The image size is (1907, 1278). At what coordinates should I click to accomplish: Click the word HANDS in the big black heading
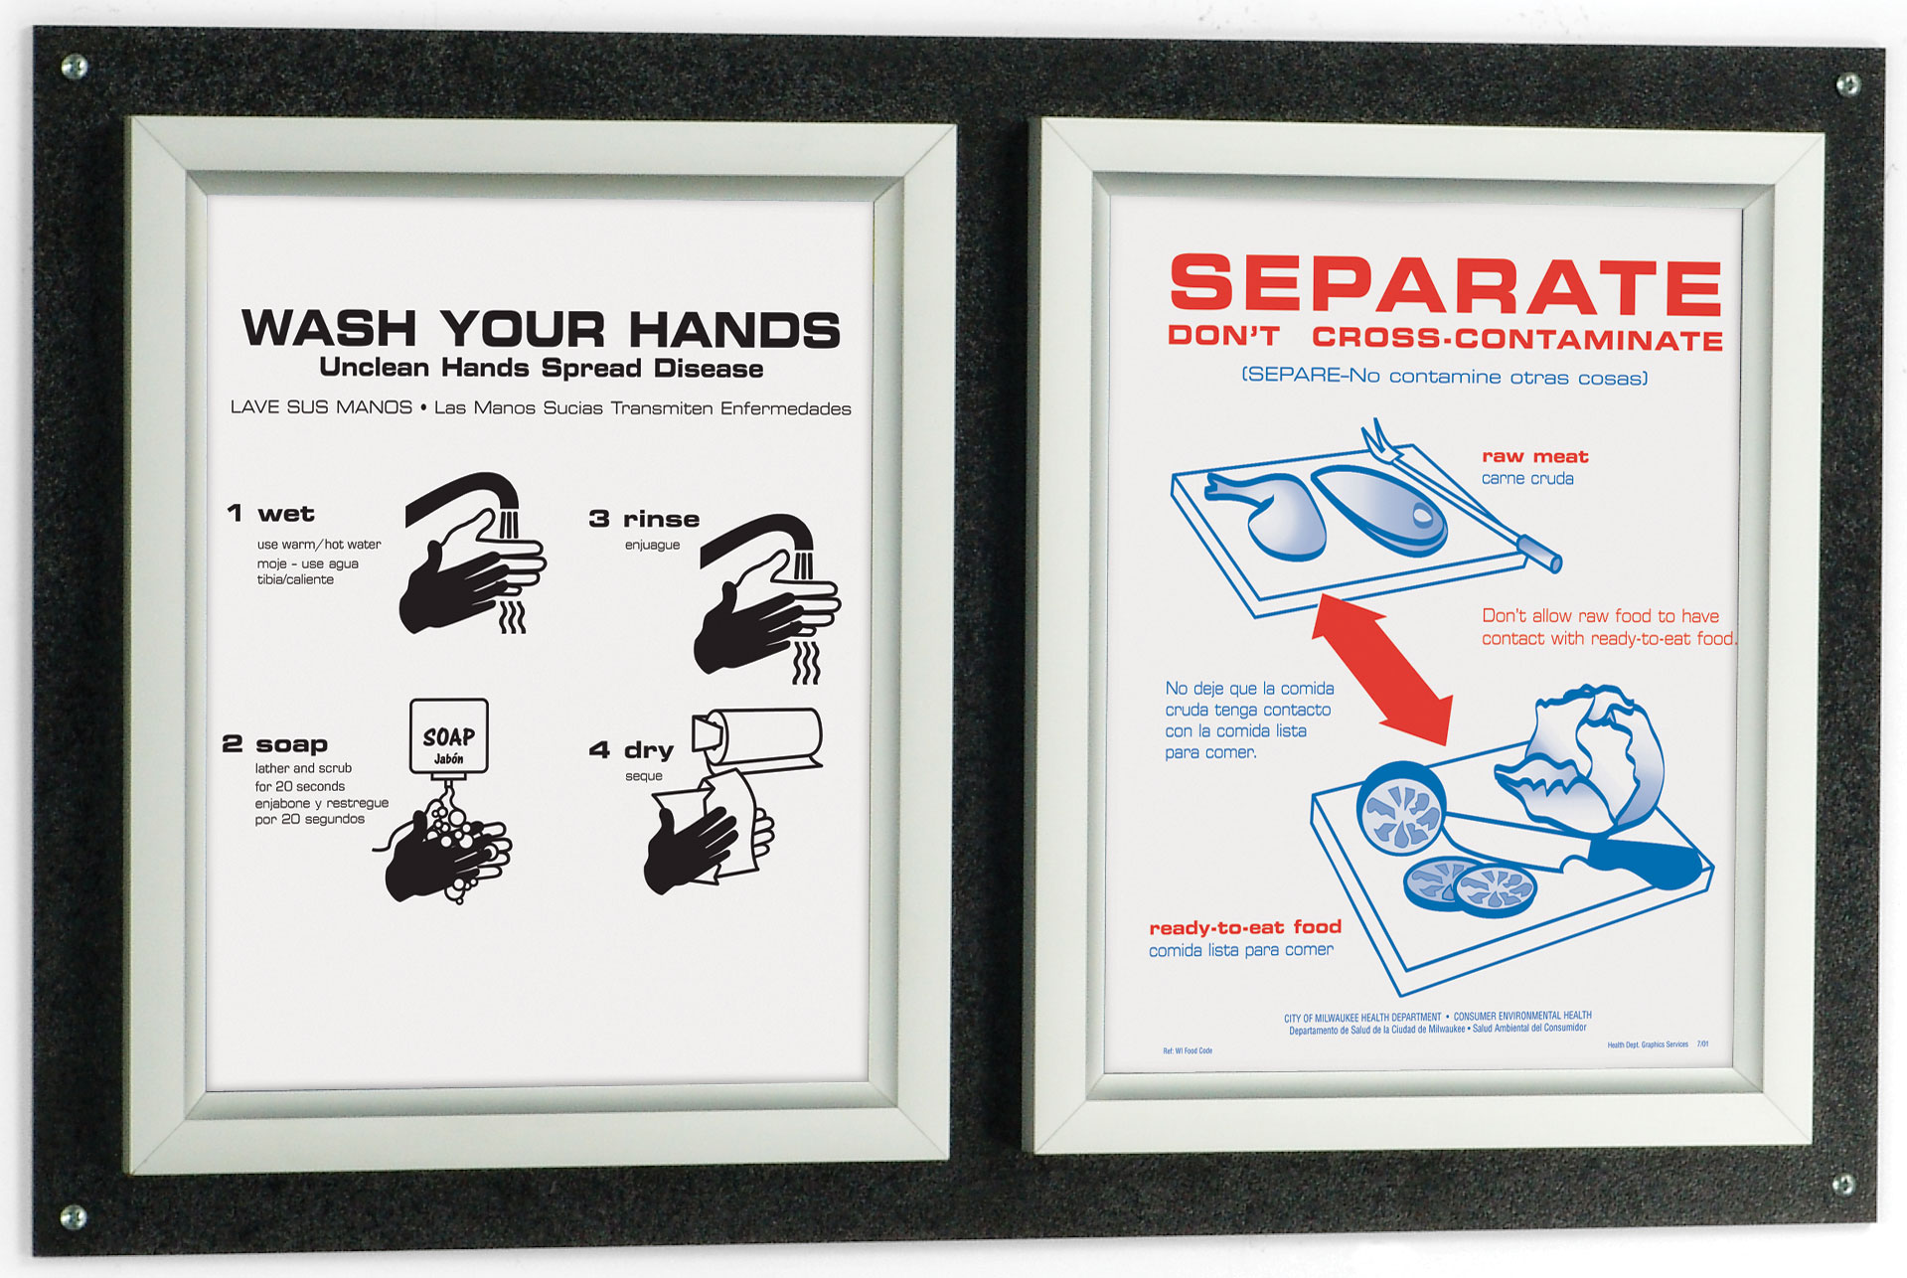(x=734, y=330)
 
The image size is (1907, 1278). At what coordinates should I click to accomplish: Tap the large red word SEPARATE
(x=1446, y=285)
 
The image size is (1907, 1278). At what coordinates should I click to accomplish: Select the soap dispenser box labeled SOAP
(x=449, y=736)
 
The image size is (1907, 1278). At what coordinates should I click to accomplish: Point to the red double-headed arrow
(x=1382, y=669)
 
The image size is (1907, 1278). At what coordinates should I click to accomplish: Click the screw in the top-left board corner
(x=74, y=68)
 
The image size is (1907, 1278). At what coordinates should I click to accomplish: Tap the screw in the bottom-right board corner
(x=1842, y=1184)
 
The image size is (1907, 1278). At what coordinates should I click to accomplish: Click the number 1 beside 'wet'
(x=235, y=513)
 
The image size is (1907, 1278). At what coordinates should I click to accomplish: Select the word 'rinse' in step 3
(x=661, y=519)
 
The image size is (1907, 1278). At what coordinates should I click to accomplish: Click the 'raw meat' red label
(x=1534, y=456)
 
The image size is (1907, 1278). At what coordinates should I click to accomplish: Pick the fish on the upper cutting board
(x=1381, y=508)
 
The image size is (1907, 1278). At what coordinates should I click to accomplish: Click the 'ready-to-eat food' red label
(x=1245, y=927)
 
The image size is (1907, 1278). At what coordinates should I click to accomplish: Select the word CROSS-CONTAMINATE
(x=1517, y=339)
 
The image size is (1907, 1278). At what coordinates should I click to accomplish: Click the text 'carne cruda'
(x=1527, y=479)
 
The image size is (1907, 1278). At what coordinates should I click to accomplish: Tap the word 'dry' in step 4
(x=648, y=749)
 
